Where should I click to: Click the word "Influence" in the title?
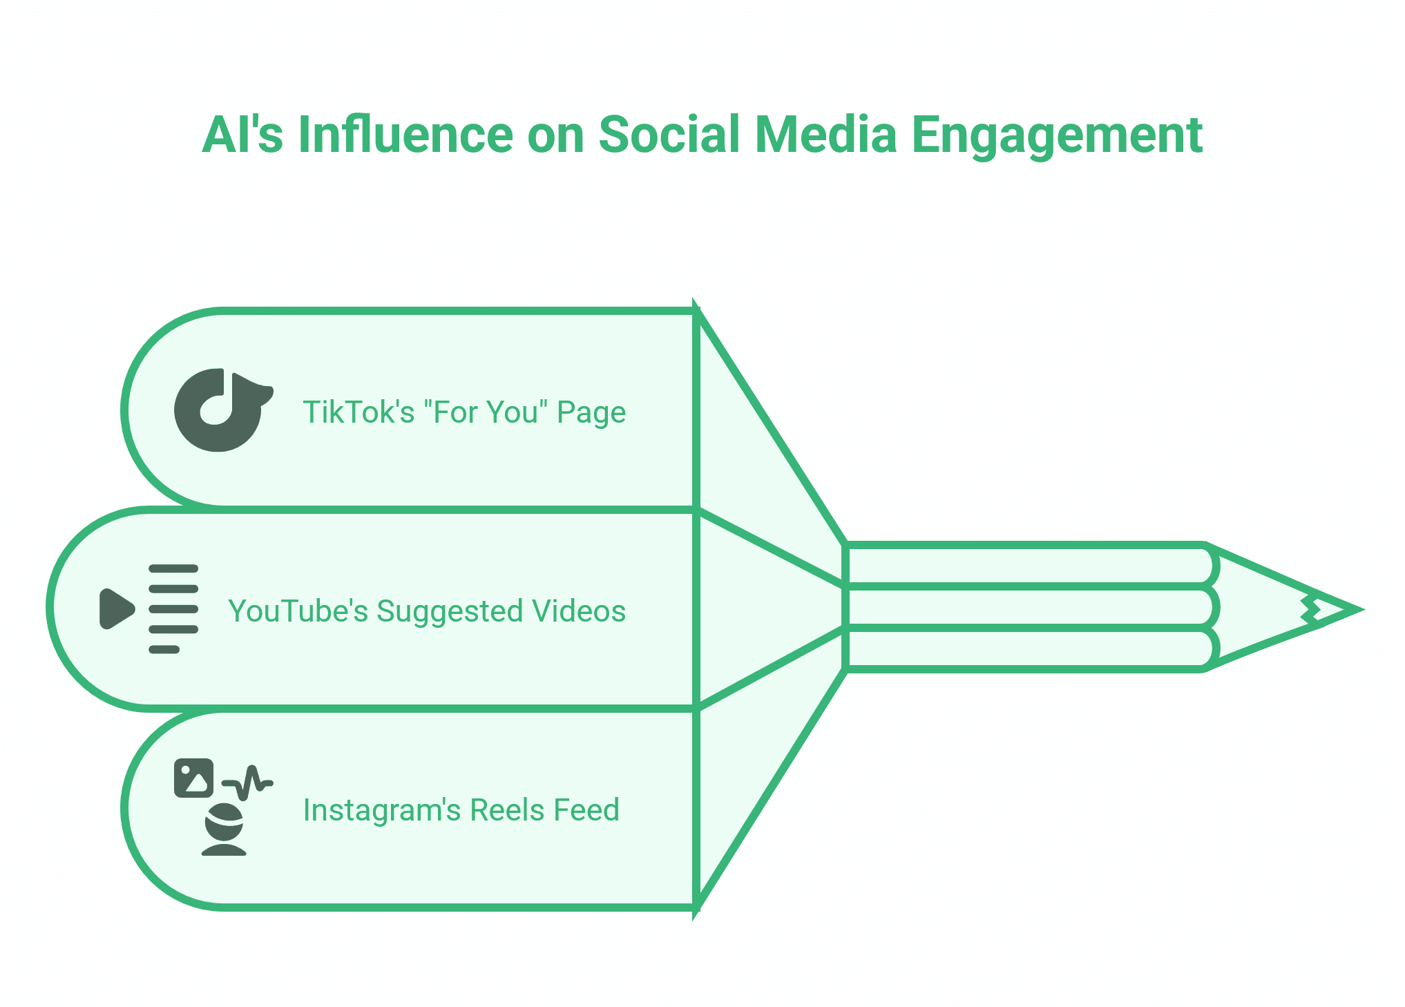tap(405, 135)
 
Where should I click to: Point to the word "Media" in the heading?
tap(825, 135)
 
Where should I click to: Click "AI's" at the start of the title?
tap(242, 135)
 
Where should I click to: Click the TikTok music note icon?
tap(221, 410)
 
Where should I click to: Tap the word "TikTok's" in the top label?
tap(359, 412)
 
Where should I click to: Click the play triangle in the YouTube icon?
tap(116, 608)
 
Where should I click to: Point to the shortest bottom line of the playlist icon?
tap(164, 649)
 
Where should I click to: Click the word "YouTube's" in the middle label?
tap(298, 611)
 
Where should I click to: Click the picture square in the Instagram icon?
tap(193, 778)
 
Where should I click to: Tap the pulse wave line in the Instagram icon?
tap(249, 782)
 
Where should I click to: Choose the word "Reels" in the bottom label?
tap(503, 810)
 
